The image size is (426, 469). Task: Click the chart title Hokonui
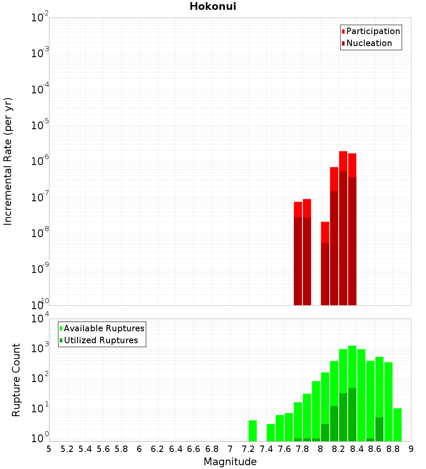(213, 6)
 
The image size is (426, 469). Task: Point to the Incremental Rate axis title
(8, 161)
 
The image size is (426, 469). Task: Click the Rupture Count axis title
(16, 379)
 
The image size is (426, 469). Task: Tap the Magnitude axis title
(230, 462)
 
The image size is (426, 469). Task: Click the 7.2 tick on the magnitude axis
(248, 449)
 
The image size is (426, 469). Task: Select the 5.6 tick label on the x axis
(104, 449)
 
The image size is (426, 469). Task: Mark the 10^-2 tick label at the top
(40, 18)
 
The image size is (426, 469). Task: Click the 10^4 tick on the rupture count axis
(40, 319)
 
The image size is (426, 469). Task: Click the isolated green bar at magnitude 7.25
(253, 431)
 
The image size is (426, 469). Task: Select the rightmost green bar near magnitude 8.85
(397, 425)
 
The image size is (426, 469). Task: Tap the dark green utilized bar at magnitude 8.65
(380, 429)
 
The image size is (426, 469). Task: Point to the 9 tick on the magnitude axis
(411, 449)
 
